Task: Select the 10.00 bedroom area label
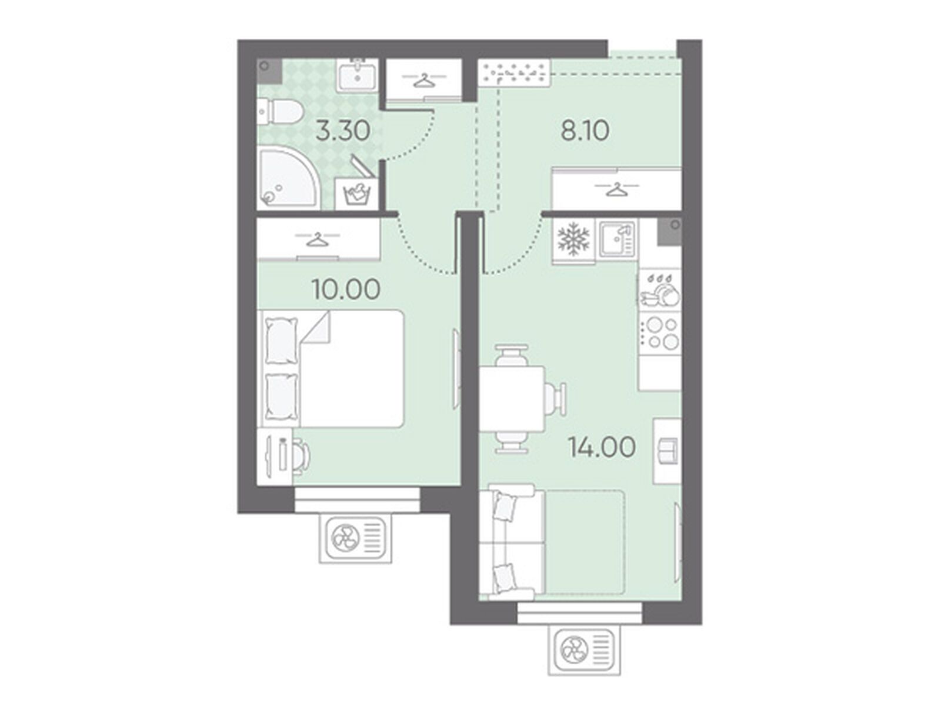346,289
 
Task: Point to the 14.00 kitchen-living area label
602,447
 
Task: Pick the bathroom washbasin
357,75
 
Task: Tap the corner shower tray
287,178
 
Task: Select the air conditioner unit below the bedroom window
355,540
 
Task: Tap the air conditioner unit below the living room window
584,651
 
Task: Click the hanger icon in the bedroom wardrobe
317,239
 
